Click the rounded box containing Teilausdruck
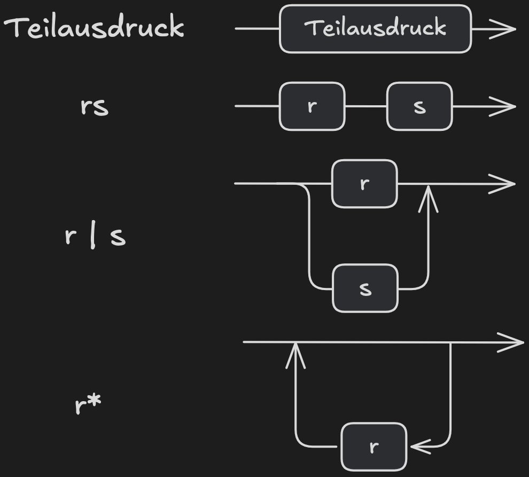[375, 29]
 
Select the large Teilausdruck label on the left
[94, 28]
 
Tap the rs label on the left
[94, 107]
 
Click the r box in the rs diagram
[312, 106]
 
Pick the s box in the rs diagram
[419, 106]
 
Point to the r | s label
[95, 236]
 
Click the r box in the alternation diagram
[364, 184]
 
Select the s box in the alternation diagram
[365, 288]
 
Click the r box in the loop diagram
[374, 446]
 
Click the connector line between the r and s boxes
[365, 106]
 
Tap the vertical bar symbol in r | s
[94, 236]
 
